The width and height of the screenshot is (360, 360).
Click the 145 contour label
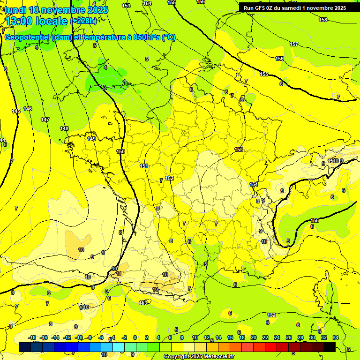16,111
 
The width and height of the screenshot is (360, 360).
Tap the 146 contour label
28,109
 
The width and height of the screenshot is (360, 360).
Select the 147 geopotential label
45,120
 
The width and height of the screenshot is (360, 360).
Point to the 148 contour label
64,128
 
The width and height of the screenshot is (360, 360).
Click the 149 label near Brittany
91,139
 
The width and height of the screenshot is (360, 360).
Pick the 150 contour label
120,151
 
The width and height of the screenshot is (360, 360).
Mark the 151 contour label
144,166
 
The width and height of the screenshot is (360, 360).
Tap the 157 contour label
294,44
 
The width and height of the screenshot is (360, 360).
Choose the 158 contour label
323,20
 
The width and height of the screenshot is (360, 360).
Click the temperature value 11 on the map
119,274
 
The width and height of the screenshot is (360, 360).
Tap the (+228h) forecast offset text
83,21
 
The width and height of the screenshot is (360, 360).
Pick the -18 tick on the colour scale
32,337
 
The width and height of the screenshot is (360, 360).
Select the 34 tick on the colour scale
336,337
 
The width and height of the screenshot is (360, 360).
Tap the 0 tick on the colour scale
135,337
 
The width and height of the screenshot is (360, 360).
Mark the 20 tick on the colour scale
253,337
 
